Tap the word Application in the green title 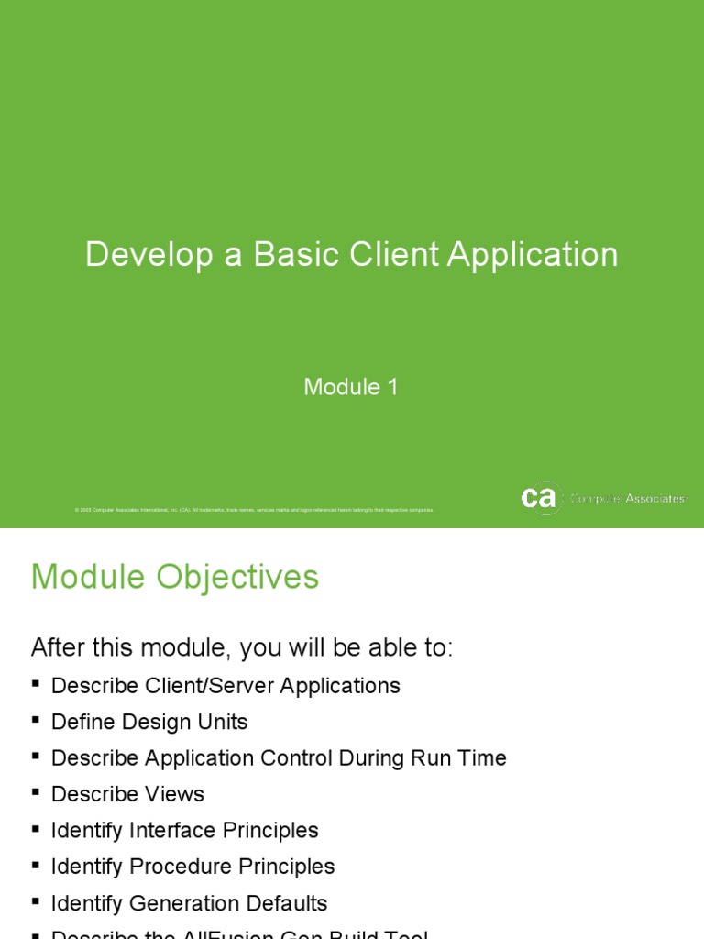[x=533, y=255]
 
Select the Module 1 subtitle [x=351, y=387]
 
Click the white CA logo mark [x=540, y=498]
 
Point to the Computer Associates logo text [x=628, y=499]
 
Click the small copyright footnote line [x=254, y=509]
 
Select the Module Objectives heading [x=174, y=577]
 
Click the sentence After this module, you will [x=242, y=647]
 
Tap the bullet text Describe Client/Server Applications [x=225, y=686]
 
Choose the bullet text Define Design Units [x=149, y=722]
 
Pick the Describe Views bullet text [x=127, y=794]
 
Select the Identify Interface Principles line [x=184, y=831]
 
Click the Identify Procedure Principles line [x=192, y=867]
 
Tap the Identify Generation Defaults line [x=189, y=903]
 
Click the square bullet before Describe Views [x=36, y=792]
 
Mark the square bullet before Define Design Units [x=36, y=720]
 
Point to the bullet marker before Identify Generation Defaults [x=36, y=901]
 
